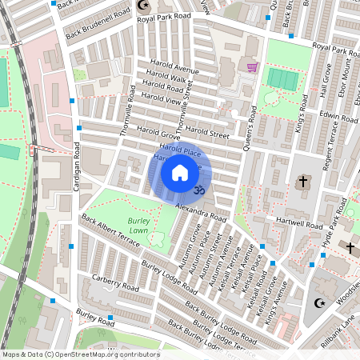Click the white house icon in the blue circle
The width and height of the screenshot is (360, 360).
pyautogui.click(x=180, y=172)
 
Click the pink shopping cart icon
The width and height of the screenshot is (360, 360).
pyautogui.click(x=253, y=68)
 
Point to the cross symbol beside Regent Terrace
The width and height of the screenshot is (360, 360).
pyautogui.click(x=302, y=182)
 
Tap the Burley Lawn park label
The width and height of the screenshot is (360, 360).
pyautogui.click(x=139, y=225)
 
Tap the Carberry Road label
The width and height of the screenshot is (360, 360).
pyautogui.click(x=115, y=286)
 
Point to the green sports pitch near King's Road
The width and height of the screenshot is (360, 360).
pyautogui.click(x=281, y=78)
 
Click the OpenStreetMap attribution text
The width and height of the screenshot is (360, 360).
pyautogui.click(x=80, y=354)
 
